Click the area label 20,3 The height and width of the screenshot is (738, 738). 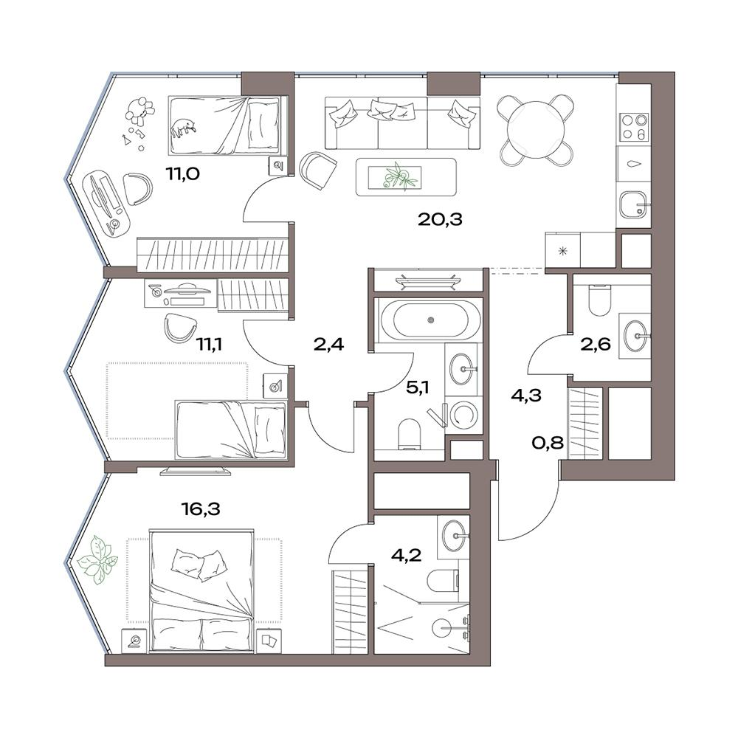point(440,219)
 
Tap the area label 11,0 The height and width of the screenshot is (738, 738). point(182,174)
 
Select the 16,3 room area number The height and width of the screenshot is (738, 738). point(201,508)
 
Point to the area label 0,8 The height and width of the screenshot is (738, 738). point(548,443)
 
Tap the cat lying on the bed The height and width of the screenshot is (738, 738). point(183,128)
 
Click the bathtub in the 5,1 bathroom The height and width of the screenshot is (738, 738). point(430,320)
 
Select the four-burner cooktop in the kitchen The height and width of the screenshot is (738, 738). point(635,127)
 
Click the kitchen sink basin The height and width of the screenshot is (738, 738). point(635,205)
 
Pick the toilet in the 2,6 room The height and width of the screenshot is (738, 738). point(599,300)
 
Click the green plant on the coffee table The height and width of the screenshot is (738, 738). point(398,176)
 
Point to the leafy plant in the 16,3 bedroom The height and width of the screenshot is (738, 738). point(97,560)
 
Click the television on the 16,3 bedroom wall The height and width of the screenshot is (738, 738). point(196,470)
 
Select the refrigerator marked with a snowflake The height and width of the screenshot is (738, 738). point(562,250)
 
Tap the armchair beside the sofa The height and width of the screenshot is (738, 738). point(318,170)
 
